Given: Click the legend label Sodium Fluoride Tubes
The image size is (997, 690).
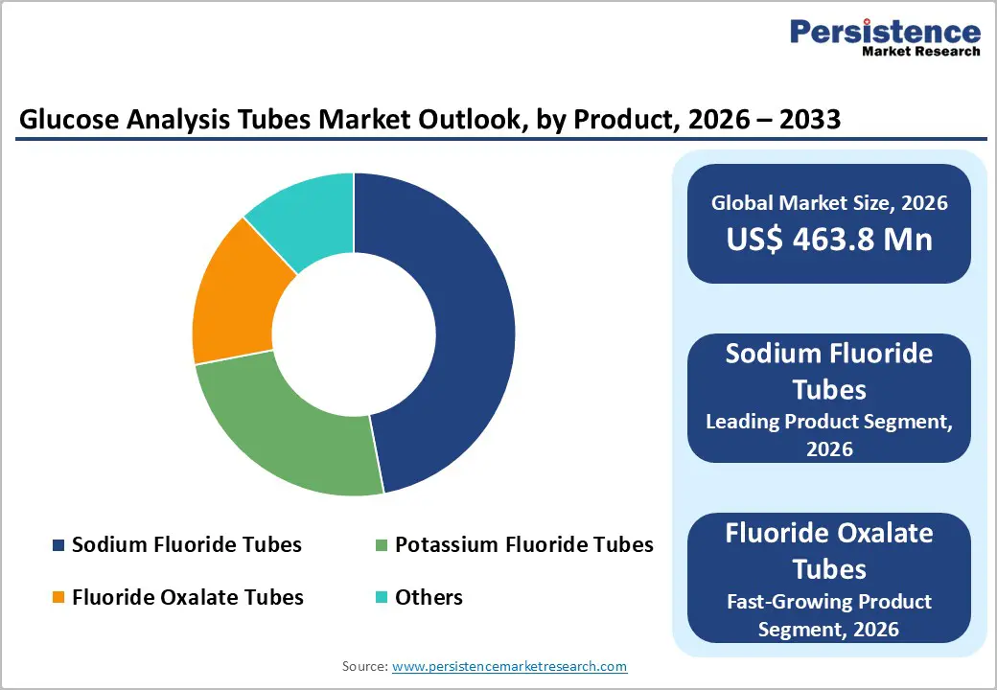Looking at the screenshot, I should click(x=186, y=545).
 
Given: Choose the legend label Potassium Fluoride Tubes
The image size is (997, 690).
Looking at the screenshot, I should click(x=523, y=545).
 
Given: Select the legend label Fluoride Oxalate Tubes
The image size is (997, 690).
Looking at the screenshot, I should click(x=187, y=597).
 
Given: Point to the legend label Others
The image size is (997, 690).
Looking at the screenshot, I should click(x=429, y=597).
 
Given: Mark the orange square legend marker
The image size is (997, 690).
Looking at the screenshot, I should click(x=58, y=598).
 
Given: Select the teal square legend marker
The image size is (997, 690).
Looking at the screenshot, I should click(x=382, y=598).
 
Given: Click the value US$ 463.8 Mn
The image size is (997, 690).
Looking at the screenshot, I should click(x=829, y=239).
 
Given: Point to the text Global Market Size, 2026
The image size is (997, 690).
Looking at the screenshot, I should click(x=829, y=202).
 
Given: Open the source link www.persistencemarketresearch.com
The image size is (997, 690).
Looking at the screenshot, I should click(x=509, y=666).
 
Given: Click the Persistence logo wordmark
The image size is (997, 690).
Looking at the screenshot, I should click(x=885, y=33).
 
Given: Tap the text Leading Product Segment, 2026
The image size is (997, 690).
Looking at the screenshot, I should click(x=829, y=434).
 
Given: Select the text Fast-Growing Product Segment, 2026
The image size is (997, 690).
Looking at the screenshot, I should click(x=829, y=615).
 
